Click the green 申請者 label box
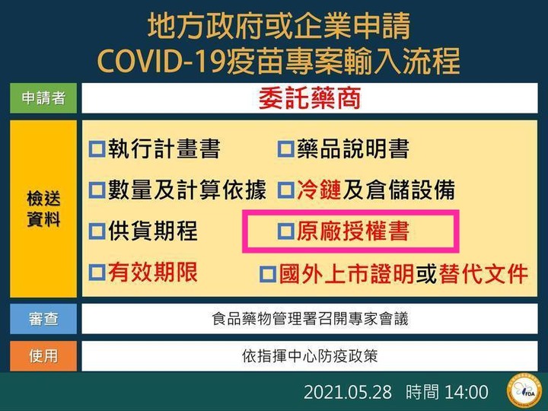pyautogui.click(x=43, y=98)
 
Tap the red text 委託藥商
pyautogui.click(x=310, y=98)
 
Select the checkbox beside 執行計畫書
pyautogui.click(x=97, y=149)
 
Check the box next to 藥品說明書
pyautogui.click(x=286, y=149)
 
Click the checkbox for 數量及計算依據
pyautogui.click(x=97, y=190)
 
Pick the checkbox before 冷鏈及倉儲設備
pyautogui.click(x=286, y=190)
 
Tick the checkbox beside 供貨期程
pyautogui.click(x=97, y=231)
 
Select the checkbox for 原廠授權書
pyautogui.click(x=286, y=231)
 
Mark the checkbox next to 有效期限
pyautogui.click(x=97, y=272)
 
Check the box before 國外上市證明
pyautogui.click(x=268, y=274)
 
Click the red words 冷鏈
pyautogui.click(x=319, y=190)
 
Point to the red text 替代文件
pyautogui.click(x=483, y=273)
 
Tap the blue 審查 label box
pyautogui.click(x=43, y=319)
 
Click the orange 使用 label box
pyautogui.click(x=43, y=356)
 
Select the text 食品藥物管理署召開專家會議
pyautogui.click(x=310, y=319)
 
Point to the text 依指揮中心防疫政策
pyautogui.click(x=310, y=356)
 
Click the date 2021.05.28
pyautogui.click(x=347, y=392)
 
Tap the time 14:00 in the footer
pyautogui.click(x=467, y=392)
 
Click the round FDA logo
pyautogui.click(x=524, y=390)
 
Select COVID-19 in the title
pyautogui.click(x=161, y=61)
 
